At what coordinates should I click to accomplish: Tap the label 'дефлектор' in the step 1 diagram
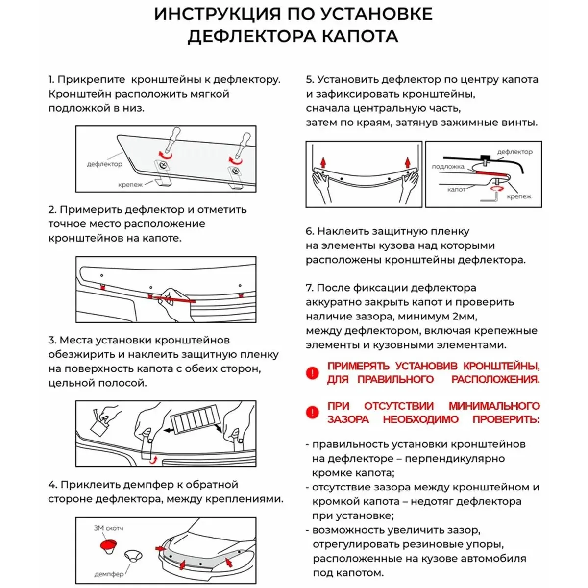coord(104,164)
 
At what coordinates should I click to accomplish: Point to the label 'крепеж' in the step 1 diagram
coord(130,185)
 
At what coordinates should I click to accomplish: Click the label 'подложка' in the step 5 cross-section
coord(448,167)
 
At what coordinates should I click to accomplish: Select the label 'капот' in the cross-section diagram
coord(456,189)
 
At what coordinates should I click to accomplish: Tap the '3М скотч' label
coord(108,528)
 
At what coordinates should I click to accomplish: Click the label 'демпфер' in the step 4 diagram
coord(108,574)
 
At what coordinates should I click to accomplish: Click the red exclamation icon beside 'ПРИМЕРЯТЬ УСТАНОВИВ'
coord(312,373)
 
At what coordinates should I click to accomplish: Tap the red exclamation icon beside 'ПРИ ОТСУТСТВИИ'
coord(312,413)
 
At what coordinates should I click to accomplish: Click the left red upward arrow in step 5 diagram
coord(323,162)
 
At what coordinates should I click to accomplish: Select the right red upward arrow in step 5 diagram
coord(407,162)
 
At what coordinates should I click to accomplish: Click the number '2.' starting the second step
coord(52,210)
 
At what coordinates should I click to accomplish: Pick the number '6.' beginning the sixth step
coord(310,231)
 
